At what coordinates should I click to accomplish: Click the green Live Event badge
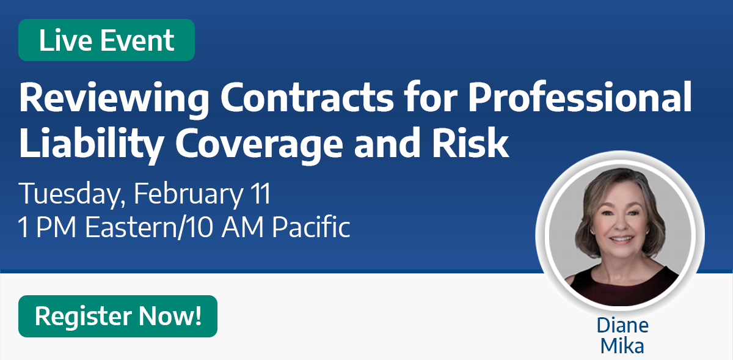click(107, 40)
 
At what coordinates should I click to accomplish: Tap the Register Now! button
click(118, 316)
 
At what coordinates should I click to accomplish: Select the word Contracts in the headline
click(307, 98)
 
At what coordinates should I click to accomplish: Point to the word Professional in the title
click(580, 97)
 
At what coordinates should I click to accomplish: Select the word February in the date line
click(188, 194)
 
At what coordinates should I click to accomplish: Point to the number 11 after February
click(260, 193)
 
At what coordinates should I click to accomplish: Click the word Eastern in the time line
click(131, 227)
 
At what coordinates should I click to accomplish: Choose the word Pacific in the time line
click(311, 226)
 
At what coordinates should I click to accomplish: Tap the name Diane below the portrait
click(622, 325)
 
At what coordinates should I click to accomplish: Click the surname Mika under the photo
click(622, 346)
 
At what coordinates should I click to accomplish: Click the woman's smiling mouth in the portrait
click(621, 239)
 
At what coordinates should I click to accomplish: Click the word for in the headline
click(430, 97)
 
